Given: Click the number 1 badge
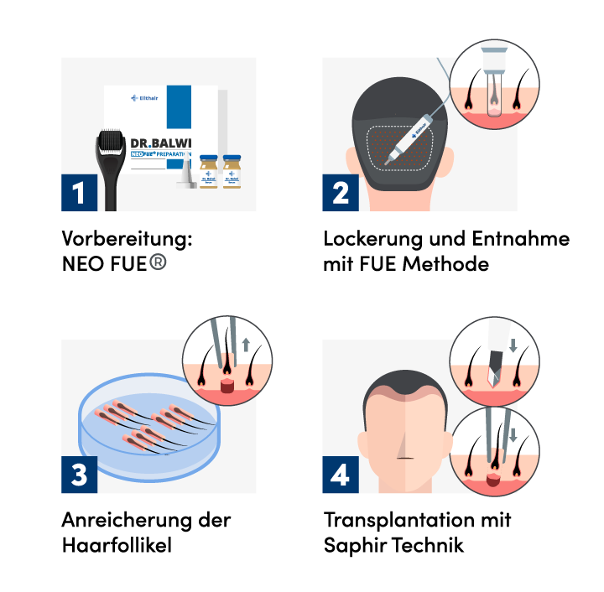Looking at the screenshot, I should click(79, 193).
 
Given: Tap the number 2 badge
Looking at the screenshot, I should click(341, 193).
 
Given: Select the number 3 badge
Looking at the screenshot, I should click(79, 475).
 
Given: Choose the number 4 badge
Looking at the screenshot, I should click(341, 475).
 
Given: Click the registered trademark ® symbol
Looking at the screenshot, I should click(158, 262).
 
